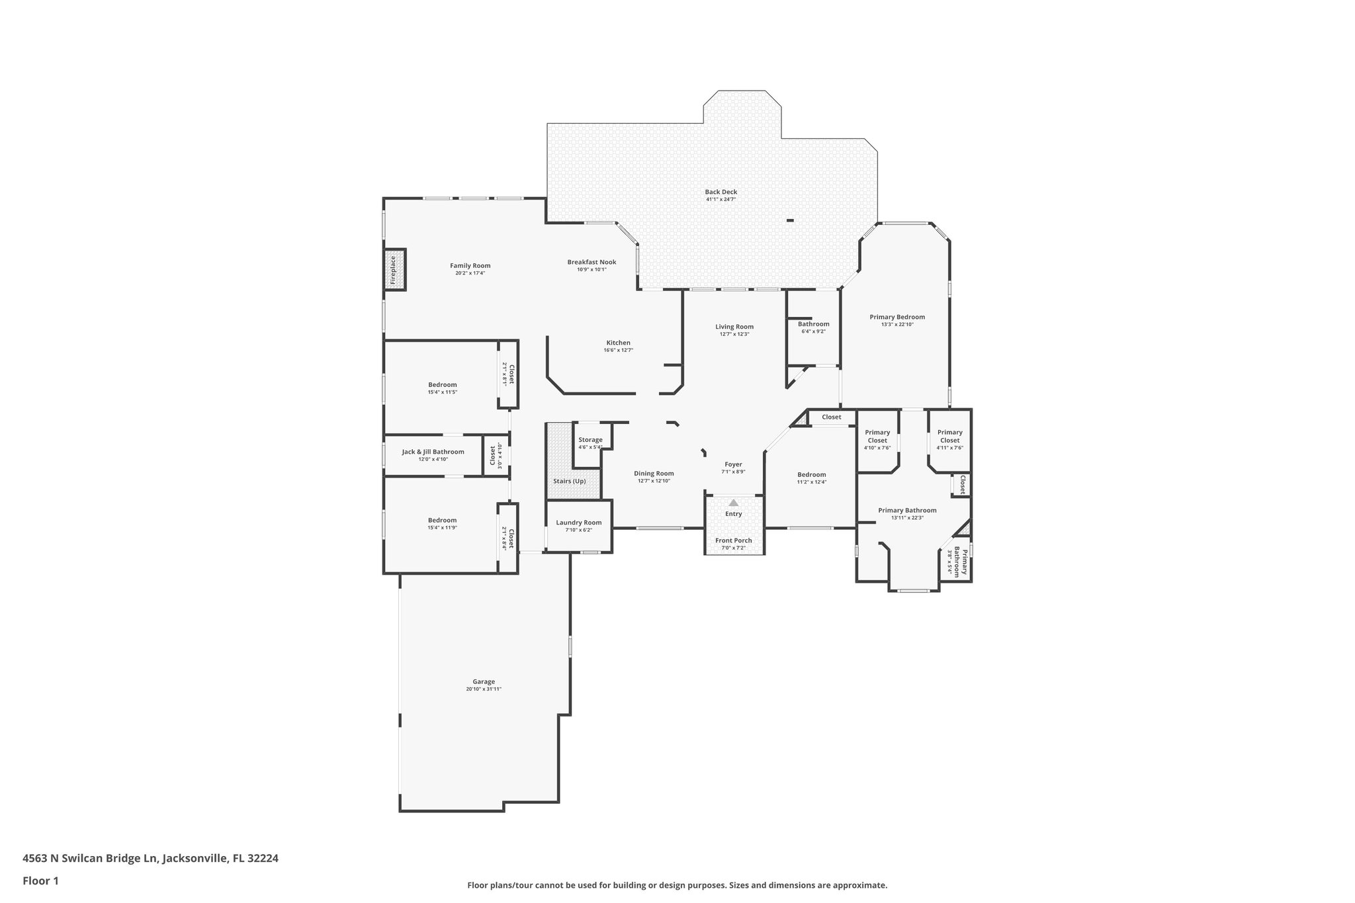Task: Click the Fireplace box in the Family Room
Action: (395, 269)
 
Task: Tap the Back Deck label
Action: (721, 192)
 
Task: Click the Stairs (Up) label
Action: (570, 481)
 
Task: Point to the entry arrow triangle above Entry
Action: (733, 503)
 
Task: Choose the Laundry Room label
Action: (579, 523)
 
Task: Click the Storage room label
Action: (590, 440)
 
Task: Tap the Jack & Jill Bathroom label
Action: (433, 452)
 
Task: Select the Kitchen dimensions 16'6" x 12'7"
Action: (618, 350)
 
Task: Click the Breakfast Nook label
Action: (591, 262)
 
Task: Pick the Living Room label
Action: (734, 327)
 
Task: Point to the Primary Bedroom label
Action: (897, 317)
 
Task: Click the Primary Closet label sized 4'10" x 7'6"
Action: (877, 437)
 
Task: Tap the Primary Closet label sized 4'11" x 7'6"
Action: (949, 437)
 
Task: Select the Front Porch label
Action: (733, 540)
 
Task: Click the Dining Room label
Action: (654, 473)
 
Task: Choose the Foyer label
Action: (733, 464)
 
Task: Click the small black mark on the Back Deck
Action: (789, 220)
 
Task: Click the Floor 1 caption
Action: (41, 881)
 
